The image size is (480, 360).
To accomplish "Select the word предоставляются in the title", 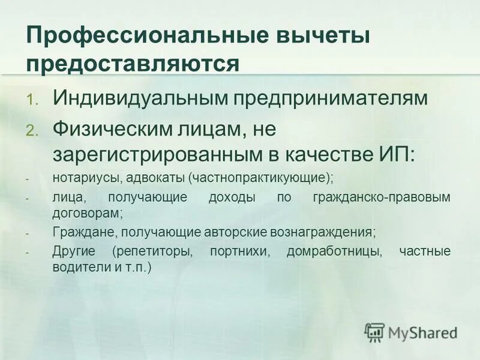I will [x=133, y=64].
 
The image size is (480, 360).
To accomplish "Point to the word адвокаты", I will [x=154, y=178].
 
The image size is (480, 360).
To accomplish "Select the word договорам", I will [x=88, y=212].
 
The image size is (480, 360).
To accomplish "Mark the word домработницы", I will [x=334, y=251].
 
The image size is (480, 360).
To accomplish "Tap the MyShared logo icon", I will [x=374, y=331].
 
